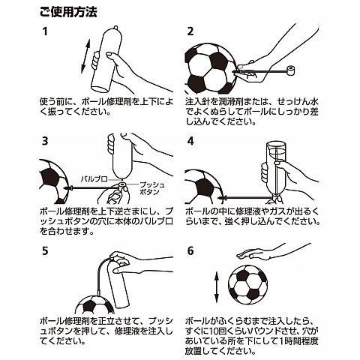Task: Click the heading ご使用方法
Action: [68, 12]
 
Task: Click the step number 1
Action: [45, 31]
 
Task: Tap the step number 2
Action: [190, 31]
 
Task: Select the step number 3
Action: [45, 141]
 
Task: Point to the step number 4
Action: [190, 141]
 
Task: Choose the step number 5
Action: [45, 250]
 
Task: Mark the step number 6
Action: [190, 250]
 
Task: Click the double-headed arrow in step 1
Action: [85, 57]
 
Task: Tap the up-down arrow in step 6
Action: [217, 287]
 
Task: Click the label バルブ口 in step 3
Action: [94, 179]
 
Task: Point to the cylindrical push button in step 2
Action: [290, 70]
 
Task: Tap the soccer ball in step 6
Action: [247, 285]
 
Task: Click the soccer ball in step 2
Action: [210, 68]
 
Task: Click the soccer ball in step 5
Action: [94, 304]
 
